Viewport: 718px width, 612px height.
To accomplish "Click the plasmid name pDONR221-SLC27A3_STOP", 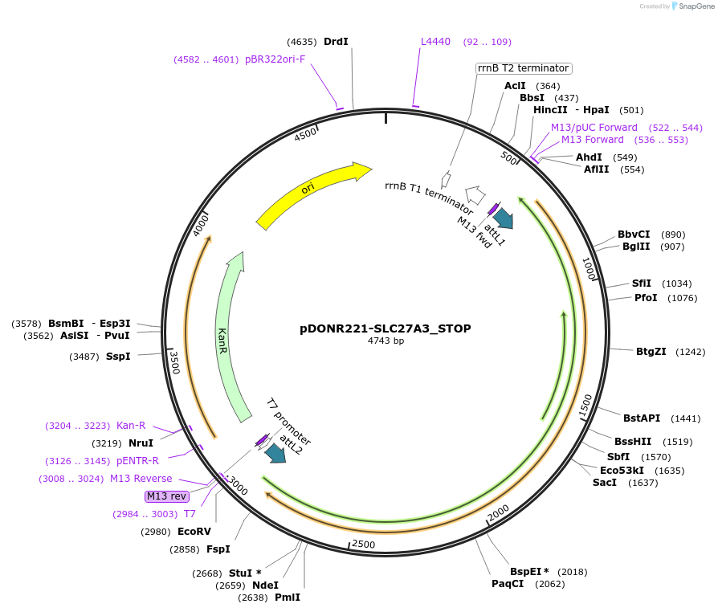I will pos(386,328).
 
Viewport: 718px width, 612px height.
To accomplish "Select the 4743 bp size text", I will pos(386,341).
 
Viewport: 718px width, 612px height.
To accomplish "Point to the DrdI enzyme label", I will pos(336,42).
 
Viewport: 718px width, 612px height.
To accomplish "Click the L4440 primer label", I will pos(436,42).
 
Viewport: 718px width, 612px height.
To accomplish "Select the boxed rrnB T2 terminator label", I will pos(523,68).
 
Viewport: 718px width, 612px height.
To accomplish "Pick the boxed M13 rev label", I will pos(166,496).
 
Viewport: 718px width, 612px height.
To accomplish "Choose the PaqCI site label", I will pos(508,584).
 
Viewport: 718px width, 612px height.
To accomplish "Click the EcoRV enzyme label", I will pos(194,532).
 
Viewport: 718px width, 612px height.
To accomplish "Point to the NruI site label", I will pos(141,443).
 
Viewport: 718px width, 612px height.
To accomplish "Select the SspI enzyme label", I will pos(118,356).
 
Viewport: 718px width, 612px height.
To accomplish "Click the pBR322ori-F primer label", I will pos(275,59).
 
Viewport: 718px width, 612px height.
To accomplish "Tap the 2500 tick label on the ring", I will pos(364,545).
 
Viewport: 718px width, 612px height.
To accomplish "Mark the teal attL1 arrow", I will pos(504,217).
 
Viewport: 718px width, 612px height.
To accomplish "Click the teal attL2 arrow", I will pos(275,453).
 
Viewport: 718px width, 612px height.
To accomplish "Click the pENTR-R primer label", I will pos(138,461).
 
